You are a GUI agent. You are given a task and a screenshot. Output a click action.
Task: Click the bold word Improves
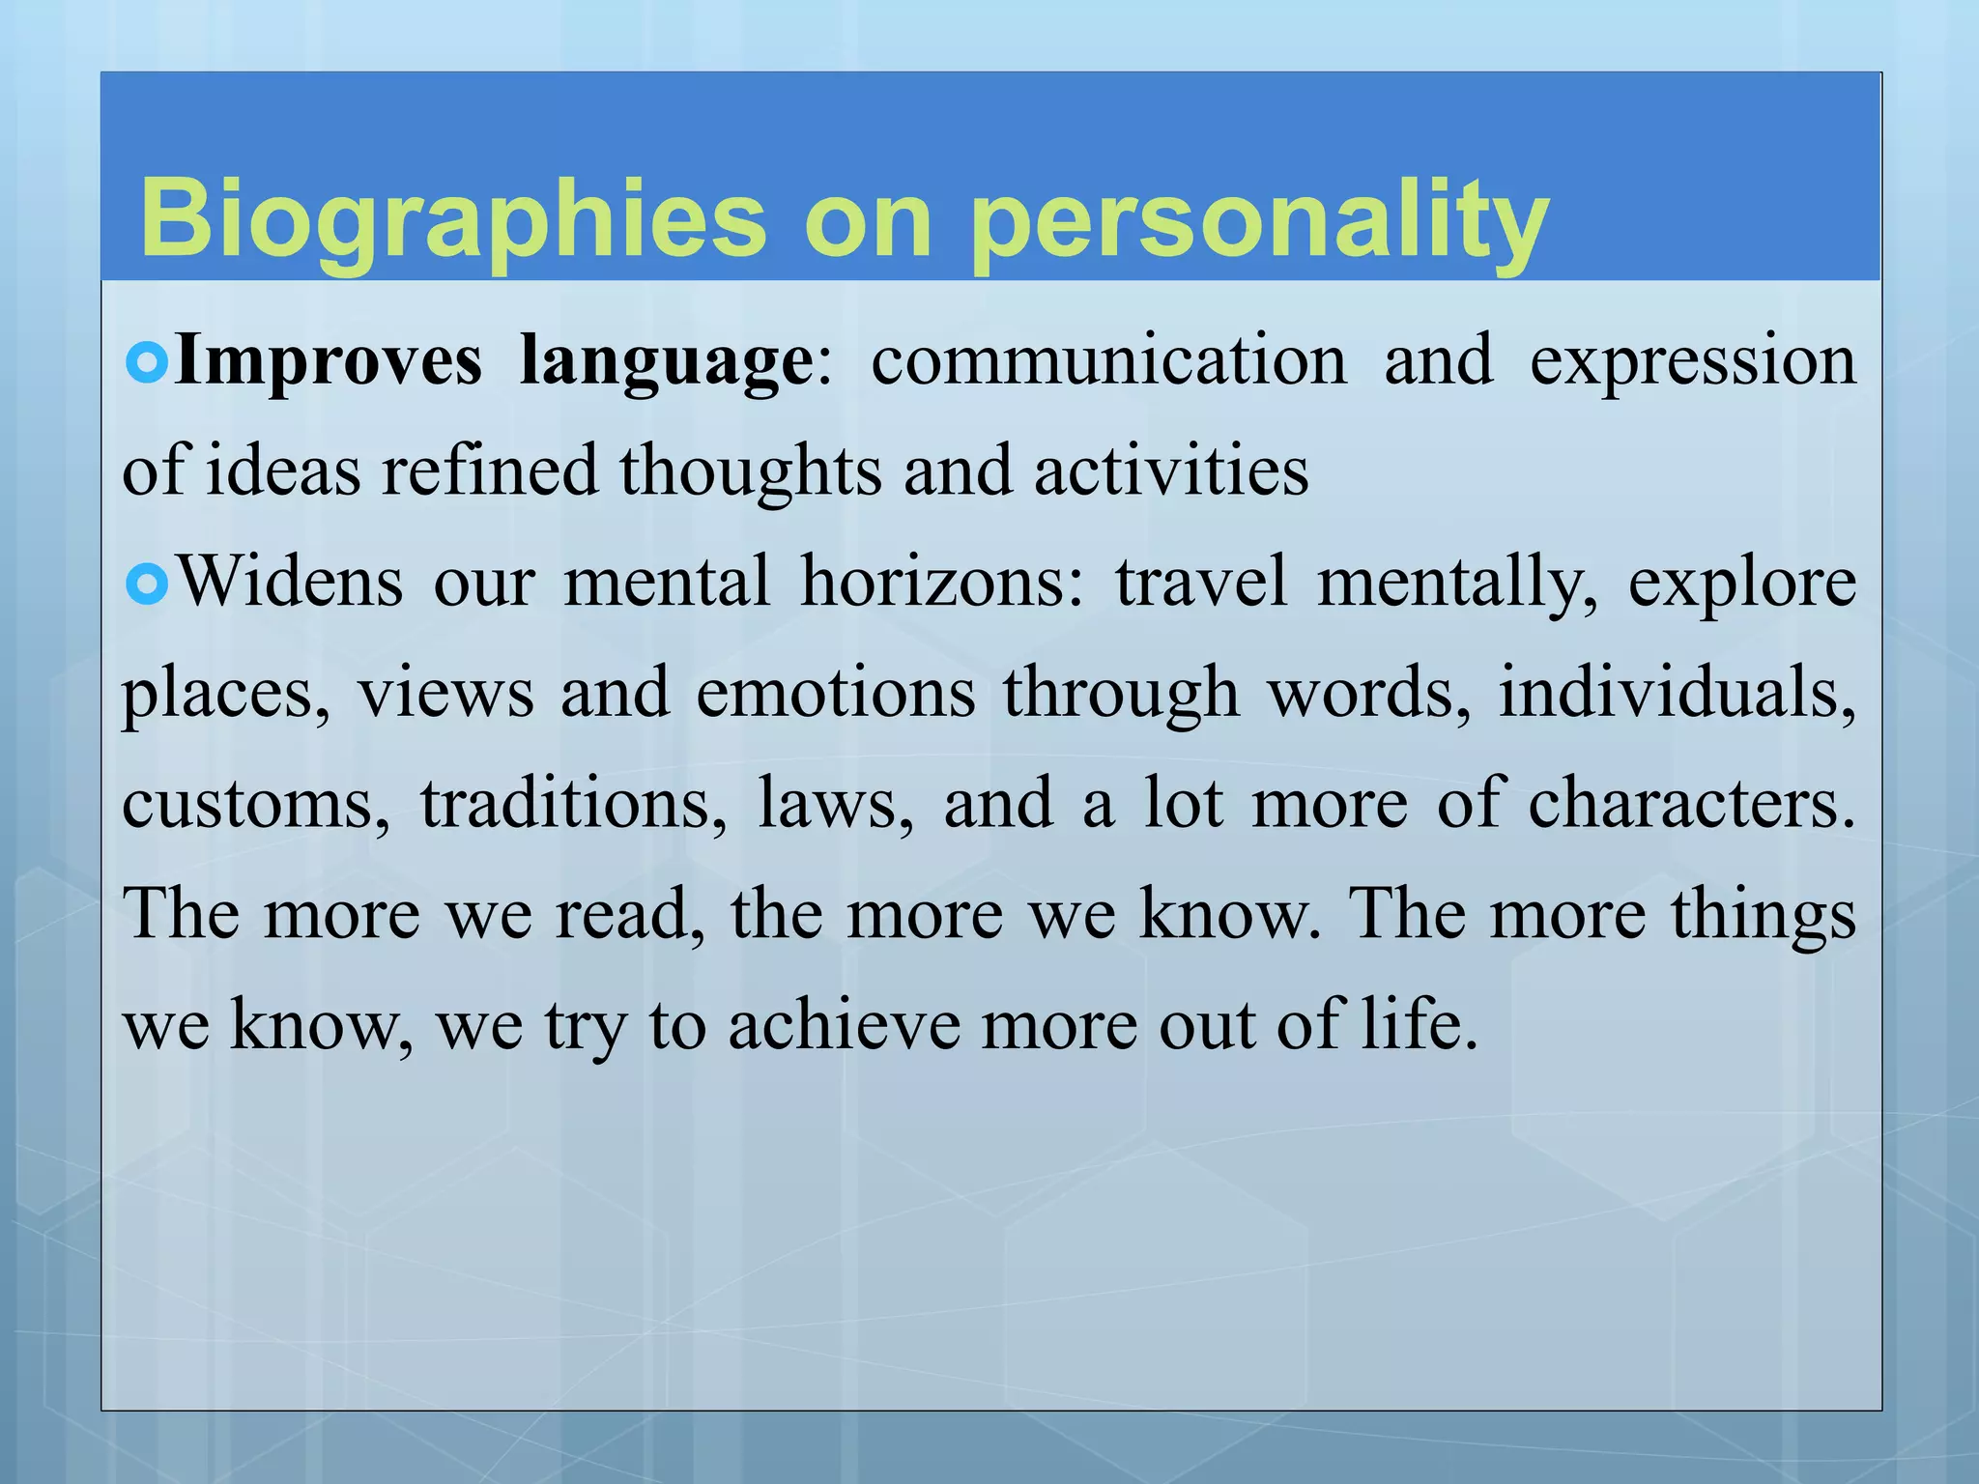point(329,360)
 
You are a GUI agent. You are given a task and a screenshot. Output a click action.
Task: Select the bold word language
point(667,360)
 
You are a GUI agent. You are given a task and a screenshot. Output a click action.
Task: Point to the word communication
point(1109,360)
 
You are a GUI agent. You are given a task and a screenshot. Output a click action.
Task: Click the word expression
point(1693,360)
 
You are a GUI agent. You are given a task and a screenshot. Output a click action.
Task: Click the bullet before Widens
point(148,583)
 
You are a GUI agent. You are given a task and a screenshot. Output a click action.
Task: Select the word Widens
point(291,583)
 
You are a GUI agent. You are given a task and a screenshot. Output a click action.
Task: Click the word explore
point(1742,583)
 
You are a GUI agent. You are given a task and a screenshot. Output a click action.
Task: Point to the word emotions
point(835,694)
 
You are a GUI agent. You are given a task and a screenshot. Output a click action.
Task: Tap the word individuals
point(1677,694)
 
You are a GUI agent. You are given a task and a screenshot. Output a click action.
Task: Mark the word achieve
point(844,1026)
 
